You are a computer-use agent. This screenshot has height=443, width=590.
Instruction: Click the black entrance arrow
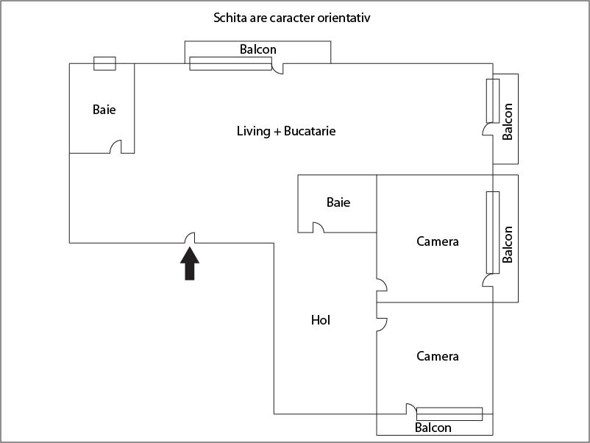pyautogui.click(x=190, y=264)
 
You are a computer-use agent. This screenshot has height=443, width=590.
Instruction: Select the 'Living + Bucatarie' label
pyautogui.click(x=286, y=131)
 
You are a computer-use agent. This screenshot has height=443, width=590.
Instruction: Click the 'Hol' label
pyautogui.click(x=320, y=320)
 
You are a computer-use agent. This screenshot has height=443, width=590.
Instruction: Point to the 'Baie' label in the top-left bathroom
pyautogui.click(x=104, y=110)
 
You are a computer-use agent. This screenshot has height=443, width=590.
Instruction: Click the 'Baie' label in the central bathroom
pyautogui.click(x=338, y=202)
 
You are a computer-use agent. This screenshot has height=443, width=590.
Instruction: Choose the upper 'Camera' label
pyautogui.click(x=437, y=241)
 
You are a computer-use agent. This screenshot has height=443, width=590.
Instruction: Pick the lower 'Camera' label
pyautogui.click(x=437, y=356)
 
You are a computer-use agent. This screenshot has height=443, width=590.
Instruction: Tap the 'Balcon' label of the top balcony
pyautogui.click(x=258, y=49)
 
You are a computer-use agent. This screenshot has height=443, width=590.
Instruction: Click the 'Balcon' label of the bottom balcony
pyautogui.click(x=433, y=427)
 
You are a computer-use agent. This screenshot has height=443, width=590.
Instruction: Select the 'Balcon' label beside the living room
pyautogui.click(x=507, y=121)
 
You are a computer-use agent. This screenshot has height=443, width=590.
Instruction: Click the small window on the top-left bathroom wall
pyautogui.click(x=104, y=63)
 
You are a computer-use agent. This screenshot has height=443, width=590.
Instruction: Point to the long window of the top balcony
pyautogui.click(x=230, y=63)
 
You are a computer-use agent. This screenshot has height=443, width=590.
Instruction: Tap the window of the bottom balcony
pyautogui.click(x=449, y=414)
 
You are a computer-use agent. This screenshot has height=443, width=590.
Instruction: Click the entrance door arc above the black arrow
pyautogui.click(x=190, y=237)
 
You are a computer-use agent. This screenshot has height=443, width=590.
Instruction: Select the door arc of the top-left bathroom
pyautogui.click(x=115, y=147)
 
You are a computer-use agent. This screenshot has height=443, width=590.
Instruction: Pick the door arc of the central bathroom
pyautogui.click(x=318, y=227)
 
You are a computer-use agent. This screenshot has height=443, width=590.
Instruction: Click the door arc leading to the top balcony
pyautogui.click(x=278, y=68)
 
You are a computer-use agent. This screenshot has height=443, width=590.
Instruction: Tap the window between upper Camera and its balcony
pyautogui.click(x=493, y=232)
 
